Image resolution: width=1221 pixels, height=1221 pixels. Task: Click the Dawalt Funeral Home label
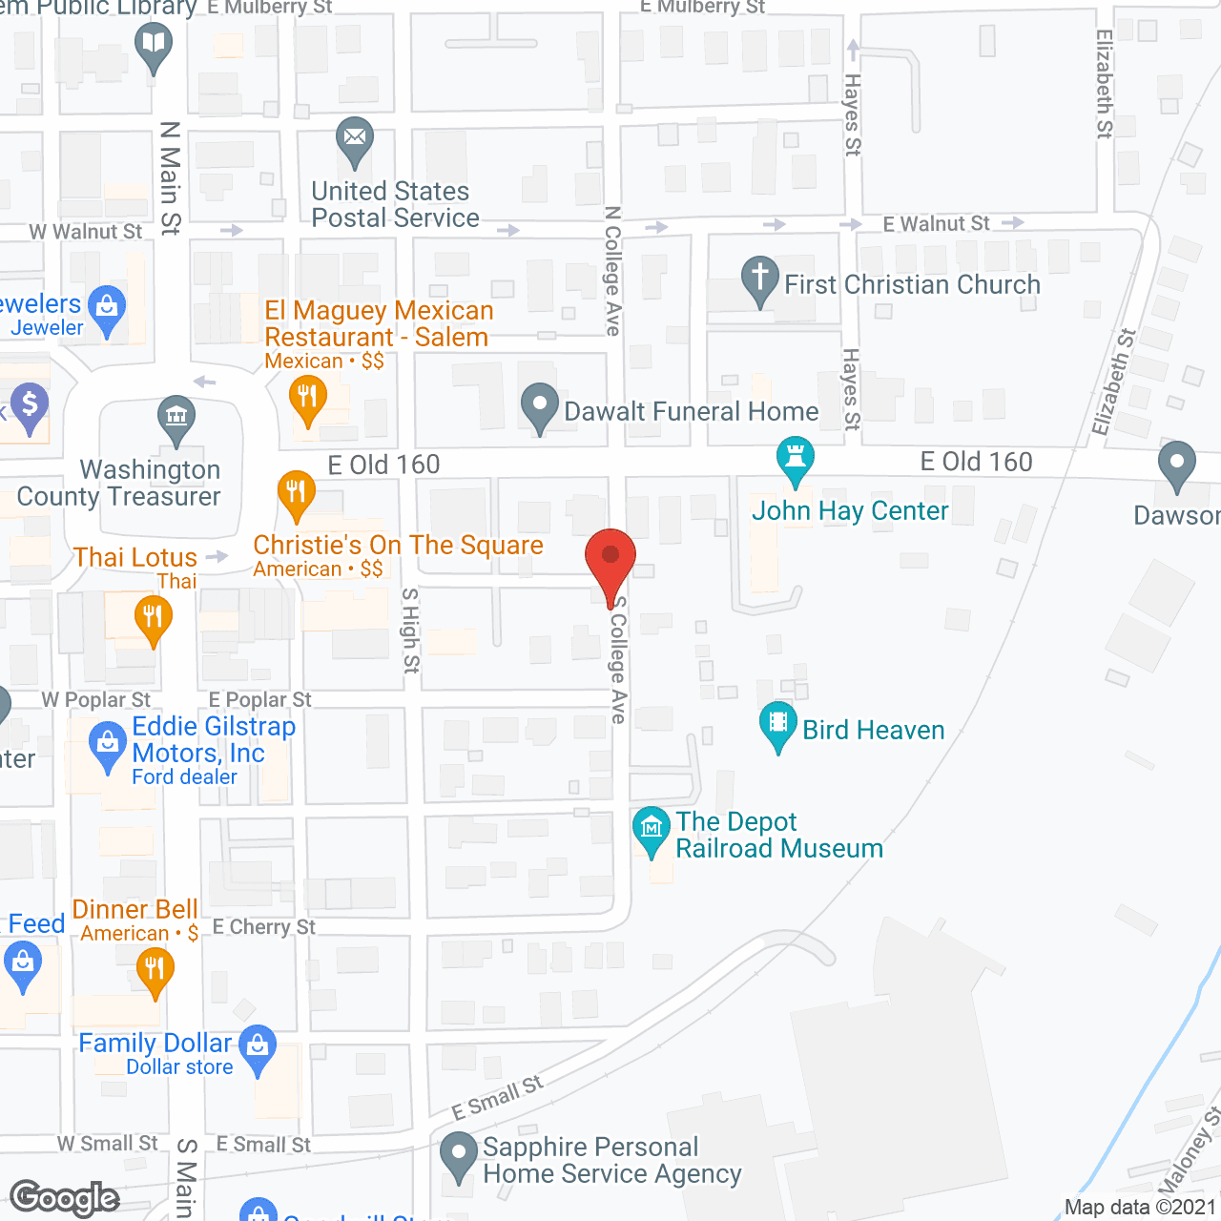[691, 411]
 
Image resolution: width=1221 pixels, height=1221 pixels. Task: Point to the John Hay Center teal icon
[795, 459]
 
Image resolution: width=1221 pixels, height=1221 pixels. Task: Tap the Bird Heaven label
[873, 730]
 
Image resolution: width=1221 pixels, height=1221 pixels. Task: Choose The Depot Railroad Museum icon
[652, 828]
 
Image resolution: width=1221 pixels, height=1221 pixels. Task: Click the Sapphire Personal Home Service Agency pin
[459, 1153]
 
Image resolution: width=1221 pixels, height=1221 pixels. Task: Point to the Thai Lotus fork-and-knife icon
[153, 616]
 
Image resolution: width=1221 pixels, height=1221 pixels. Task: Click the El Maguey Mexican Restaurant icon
[307, 396]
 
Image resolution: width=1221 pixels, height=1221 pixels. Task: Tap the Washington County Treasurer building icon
[176, 417]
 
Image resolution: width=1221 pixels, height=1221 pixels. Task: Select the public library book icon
[154, 44]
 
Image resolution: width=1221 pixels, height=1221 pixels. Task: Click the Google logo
[65, 1198]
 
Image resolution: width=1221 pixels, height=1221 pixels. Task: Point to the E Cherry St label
[263, 927]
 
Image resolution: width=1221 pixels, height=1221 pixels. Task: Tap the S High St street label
[411, 631]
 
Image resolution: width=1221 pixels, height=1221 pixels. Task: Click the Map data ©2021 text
[1141, 1207]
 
